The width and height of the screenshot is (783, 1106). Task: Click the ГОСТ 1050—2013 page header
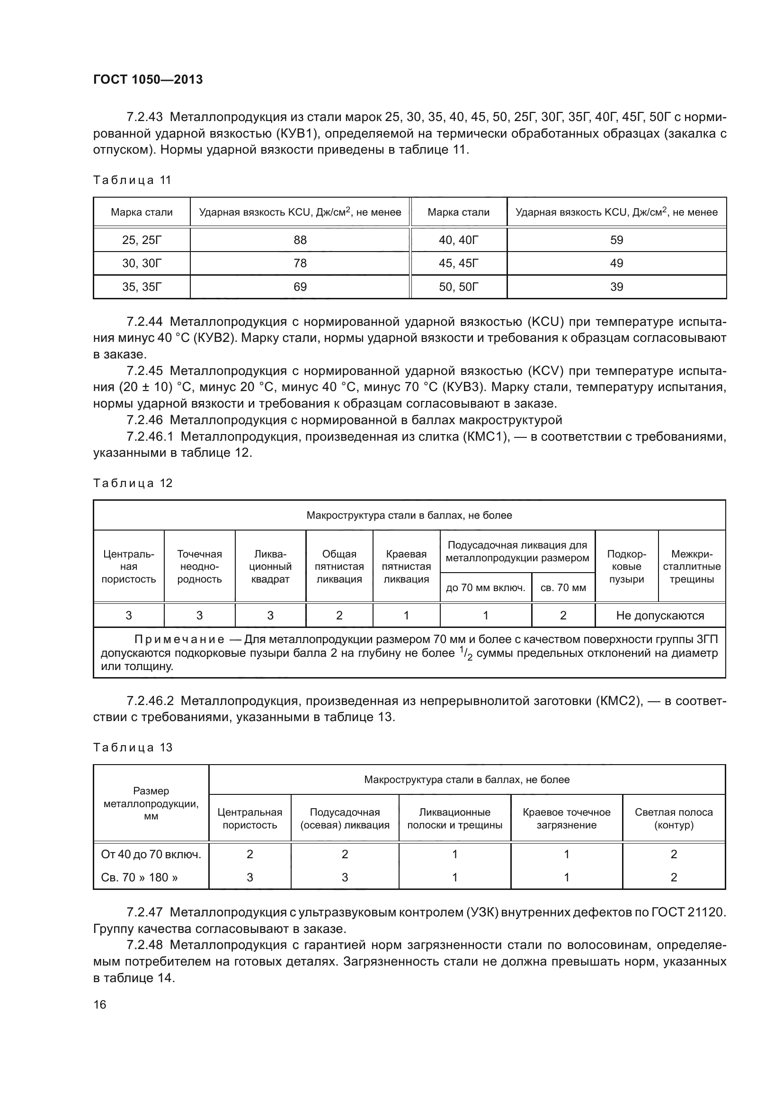148,79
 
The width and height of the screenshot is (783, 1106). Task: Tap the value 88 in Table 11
300,240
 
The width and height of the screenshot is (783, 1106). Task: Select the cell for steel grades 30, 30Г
142,263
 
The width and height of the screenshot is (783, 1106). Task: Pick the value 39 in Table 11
616,287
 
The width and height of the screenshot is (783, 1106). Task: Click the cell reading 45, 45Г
458,263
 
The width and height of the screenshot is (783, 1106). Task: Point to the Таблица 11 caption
132,180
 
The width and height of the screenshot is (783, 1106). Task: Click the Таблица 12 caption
133,483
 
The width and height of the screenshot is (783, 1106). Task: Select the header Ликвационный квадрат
270,566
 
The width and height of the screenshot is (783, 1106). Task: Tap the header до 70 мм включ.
486,588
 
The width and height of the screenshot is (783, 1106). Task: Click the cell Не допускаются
659,615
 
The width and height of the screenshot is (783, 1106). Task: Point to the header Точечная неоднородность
199,566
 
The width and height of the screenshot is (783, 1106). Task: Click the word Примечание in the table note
179,640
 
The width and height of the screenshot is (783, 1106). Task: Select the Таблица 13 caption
133,748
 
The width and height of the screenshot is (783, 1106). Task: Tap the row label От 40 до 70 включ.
151,854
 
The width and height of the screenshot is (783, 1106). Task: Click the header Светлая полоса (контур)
674,819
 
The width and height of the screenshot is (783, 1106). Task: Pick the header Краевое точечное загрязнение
567,819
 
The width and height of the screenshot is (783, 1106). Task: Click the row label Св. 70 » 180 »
139,877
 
